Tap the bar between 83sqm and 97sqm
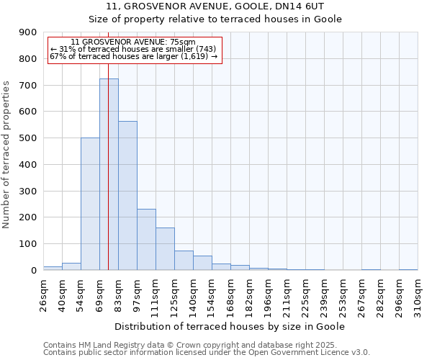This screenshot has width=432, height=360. click(x=127, y=195)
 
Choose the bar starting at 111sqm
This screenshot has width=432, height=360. click(x=165, y=248)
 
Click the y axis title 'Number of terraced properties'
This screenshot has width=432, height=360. click(x=7, y=154)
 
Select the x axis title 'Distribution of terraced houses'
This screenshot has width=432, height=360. click(x=230, y=326)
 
